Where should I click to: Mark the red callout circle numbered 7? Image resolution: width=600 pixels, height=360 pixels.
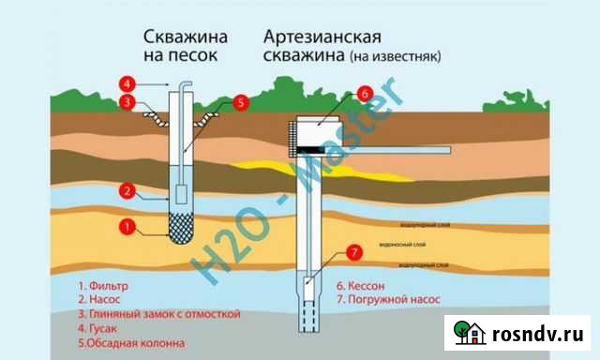(x=352, y=251)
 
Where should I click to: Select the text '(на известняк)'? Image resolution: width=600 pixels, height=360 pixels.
(x=395, y=56)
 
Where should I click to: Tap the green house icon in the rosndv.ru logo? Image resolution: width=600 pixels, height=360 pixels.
(x=469, y=333)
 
